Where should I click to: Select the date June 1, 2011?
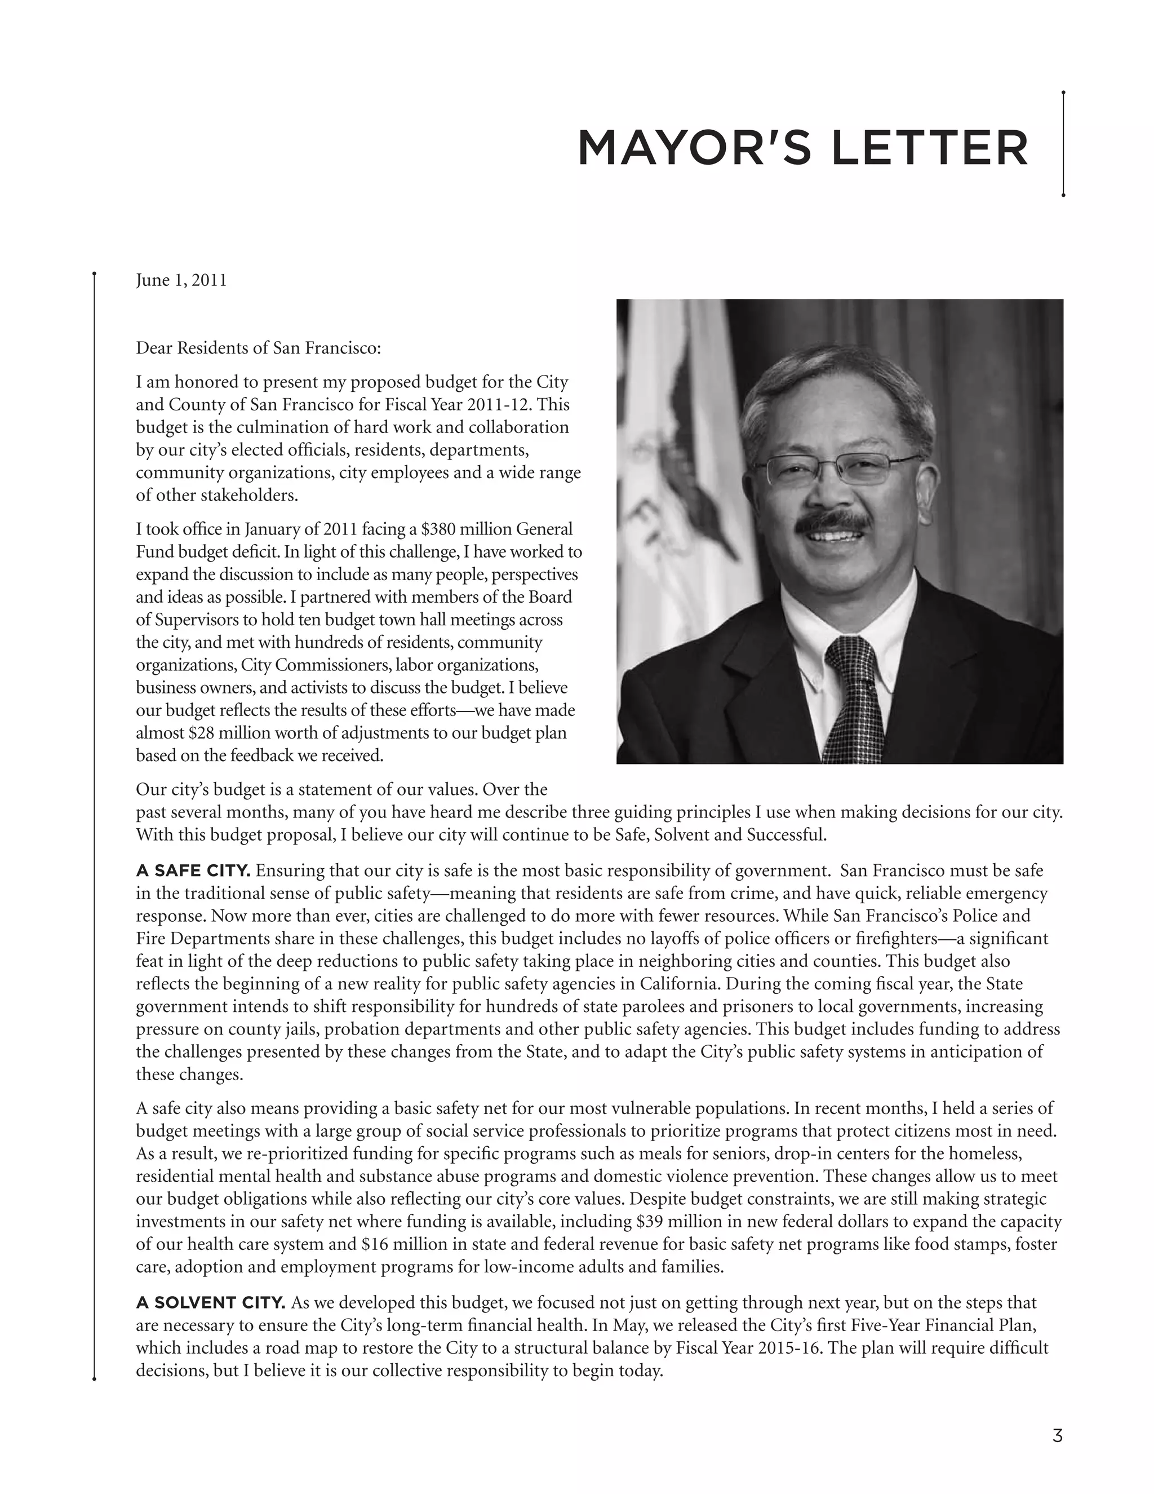coord(181,280)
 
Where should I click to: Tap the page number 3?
coord(1057,1436)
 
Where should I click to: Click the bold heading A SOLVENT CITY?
coord(210,1302)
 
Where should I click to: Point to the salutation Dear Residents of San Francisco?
coord(258,348)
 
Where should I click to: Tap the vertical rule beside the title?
coord(1063,144)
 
